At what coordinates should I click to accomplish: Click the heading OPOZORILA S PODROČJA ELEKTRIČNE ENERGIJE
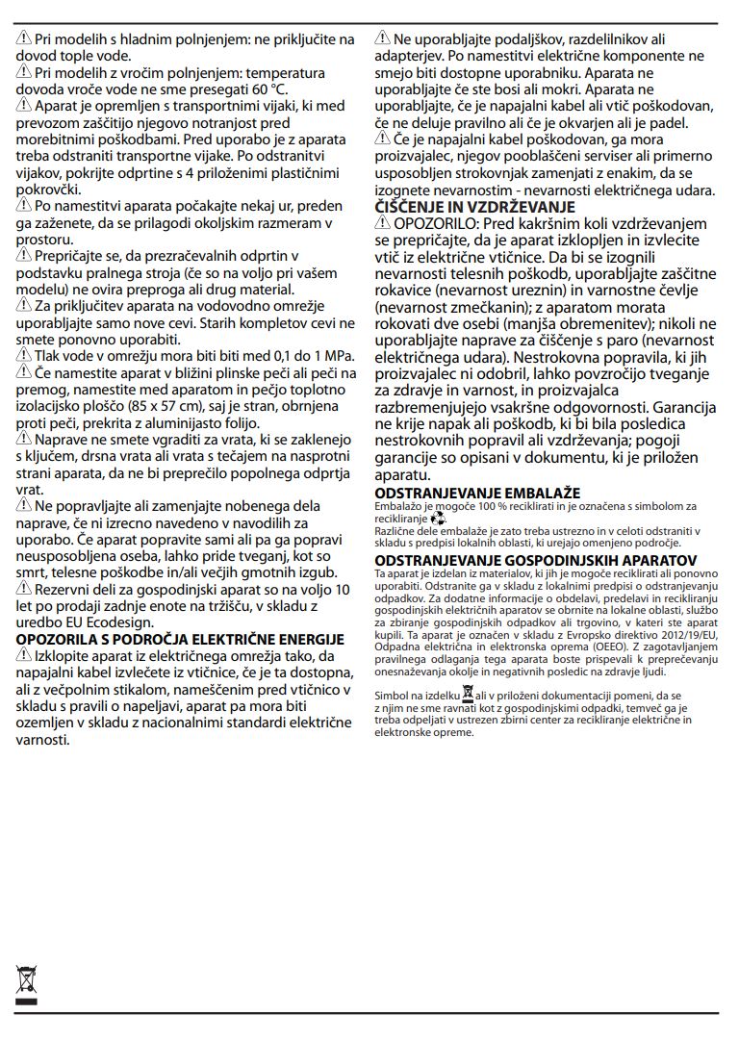[x=180, y=639]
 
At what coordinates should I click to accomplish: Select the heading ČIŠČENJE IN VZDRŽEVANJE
[x=474, y=207]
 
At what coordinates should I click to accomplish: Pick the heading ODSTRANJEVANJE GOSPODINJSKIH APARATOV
[x=536, y=559]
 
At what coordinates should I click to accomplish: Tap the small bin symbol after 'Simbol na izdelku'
[x=468, y=693]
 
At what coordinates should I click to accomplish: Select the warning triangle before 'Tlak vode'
[x=25, y=355]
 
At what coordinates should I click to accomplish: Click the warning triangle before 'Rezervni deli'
[x=25, y=589]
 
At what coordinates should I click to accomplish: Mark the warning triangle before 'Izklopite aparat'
[x=25, y=655]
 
